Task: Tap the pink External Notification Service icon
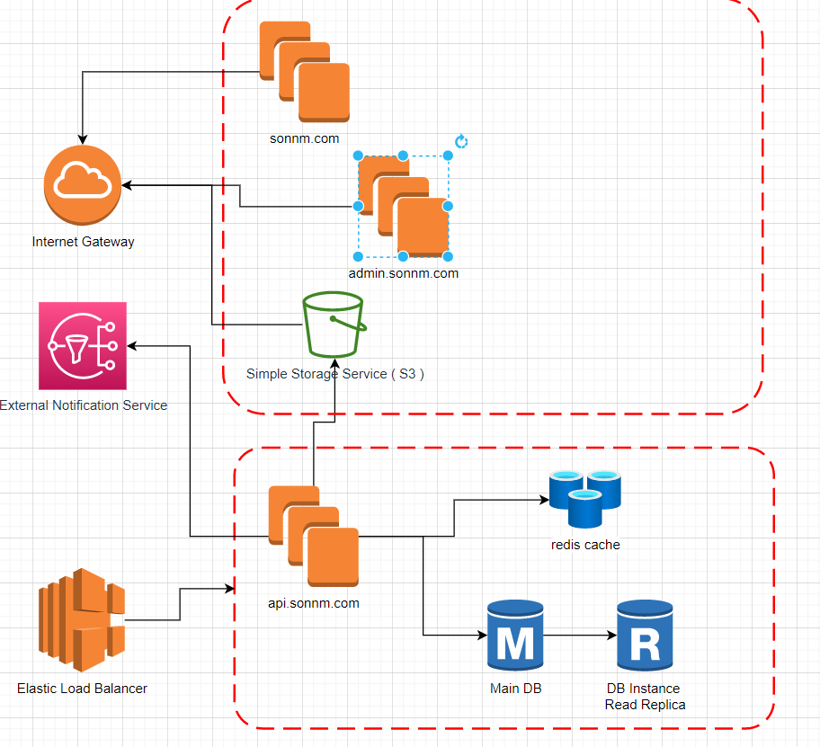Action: pyautogui.click(x=84, y=345)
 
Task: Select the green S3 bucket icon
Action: pyautogui.click(x=334, y=323)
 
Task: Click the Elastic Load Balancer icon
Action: pyautogui.click(x=82, y=619)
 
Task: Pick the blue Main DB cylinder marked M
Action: pyautogui.click(x=514, y=636)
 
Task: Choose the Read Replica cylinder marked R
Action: pyautogui.click(x=645, y=636)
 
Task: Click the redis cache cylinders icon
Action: pyautogui.click(x=585, y=497)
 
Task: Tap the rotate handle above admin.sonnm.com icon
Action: pyautogui.click(x=461, y=142)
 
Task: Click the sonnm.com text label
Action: pyautogui.click(x=304, y=138)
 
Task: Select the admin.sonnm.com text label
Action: pyautogui.click(x=404, y=273)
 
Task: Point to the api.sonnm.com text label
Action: pyautogui.click(x=314, y=603)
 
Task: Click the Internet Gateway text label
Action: pyautogui.click(x=84, y=242)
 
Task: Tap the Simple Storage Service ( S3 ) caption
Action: pyautogui.click(x=335, y=374)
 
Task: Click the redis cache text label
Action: pyautogui.click(x=585, y=544)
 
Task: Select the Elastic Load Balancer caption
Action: pyautogui.click(x=82, y=689)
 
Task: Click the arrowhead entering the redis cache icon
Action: pyautogui.click(x=544, y=500)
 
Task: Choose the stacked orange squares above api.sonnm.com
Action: pyautogui.click(x=313, y=536)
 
